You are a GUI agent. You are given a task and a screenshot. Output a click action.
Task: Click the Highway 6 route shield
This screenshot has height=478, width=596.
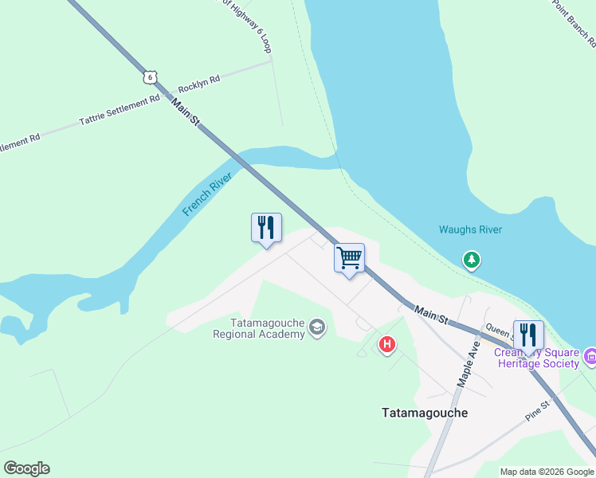coord(149,76)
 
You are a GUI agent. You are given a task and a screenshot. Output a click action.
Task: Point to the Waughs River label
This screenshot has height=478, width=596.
coord(470,230)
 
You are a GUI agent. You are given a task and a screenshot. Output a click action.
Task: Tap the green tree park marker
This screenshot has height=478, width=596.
coord(472,260)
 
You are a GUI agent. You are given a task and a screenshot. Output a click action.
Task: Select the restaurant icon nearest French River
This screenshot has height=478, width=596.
coord(266,228)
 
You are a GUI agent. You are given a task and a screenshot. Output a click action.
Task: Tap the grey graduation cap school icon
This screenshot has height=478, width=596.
coord(317,328)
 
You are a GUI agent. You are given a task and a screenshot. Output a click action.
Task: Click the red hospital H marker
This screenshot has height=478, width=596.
coord(387,344)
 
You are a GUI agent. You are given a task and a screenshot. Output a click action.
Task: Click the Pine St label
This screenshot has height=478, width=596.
coord(538,411)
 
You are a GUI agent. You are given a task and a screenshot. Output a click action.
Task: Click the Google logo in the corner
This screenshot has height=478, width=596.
coord(26,468)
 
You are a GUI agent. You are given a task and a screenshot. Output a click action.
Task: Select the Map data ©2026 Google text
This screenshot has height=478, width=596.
coord(547,472)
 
